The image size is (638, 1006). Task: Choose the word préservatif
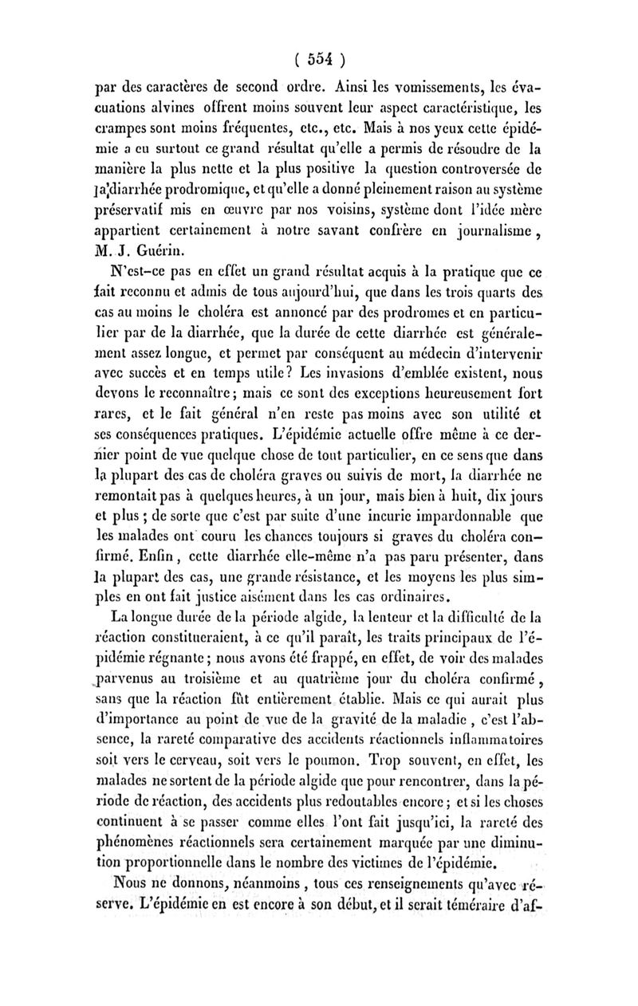(x=128, y=212)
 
